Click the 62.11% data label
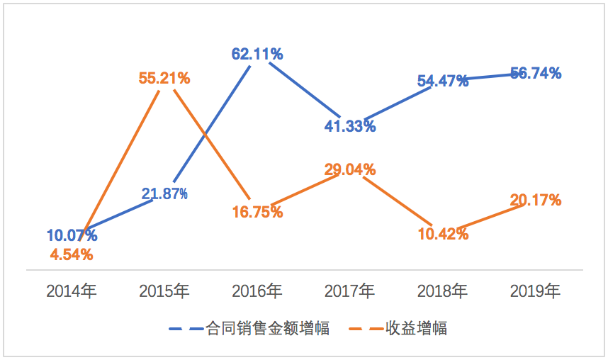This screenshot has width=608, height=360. point(257,53)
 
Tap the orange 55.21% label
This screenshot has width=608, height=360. point(164,78)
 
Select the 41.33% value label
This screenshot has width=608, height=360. point(351,127)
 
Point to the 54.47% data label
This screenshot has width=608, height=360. point(443,81)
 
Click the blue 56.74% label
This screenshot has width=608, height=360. point(536,73)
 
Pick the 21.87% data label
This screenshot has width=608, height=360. point(164,194)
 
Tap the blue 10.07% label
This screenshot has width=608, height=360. point(72,235)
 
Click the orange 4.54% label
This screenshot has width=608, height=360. point(72,254)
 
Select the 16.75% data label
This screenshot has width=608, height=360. point(258,212)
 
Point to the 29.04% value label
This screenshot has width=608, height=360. point(350,169)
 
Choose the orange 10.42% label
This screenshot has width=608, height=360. point(443,233)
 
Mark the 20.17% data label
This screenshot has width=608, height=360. point(536,201)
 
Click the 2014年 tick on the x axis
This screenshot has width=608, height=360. point(72,291)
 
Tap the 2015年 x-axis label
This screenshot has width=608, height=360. point(164,291)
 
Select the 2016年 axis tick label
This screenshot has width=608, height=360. point(257,291)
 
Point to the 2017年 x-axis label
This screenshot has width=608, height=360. point(350,291)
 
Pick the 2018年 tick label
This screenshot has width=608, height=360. point(443,291)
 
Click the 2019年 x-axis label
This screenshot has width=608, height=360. point(536,291)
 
